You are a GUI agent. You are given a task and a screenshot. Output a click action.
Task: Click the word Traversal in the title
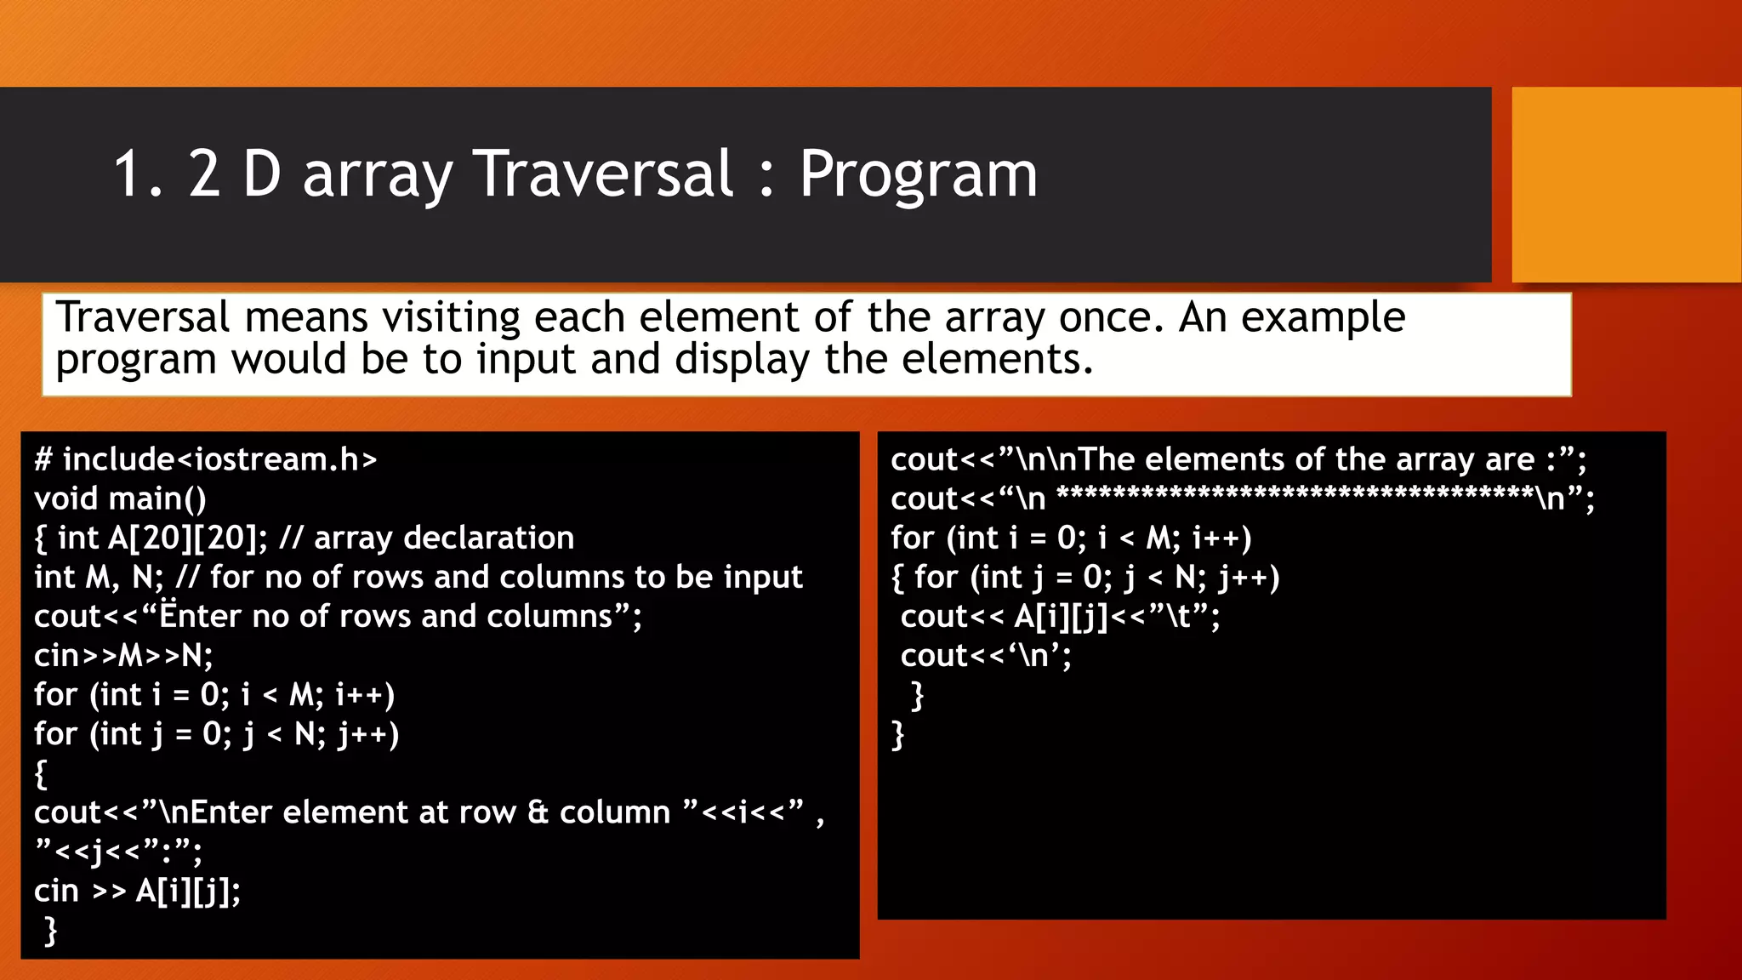point(602,174)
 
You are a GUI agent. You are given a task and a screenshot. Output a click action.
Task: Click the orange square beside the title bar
point(1625,185)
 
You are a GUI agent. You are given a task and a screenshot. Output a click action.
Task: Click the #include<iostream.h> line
point(205,460)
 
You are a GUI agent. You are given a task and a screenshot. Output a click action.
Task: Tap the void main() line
point(120,499)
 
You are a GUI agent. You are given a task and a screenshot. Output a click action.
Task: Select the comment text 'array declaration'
point(444,538)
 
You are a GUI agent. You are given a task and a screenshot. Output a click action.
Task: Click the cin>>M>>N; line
point(123,656)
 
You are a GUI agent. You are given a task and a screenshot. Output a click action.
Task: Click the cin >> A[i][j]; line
point(137,892)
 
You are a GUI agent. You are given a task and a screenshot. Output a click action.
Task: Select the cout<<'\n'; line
point(986,656)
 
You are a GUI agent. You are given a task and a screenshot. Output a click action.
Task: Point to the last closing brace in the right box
point(897,734)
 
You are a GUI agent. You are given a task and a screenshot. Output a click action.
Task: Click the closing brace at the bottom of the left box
point(50,931)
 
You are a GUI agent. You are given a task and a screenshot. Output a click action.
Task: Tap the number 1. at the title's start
point(137,174)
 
